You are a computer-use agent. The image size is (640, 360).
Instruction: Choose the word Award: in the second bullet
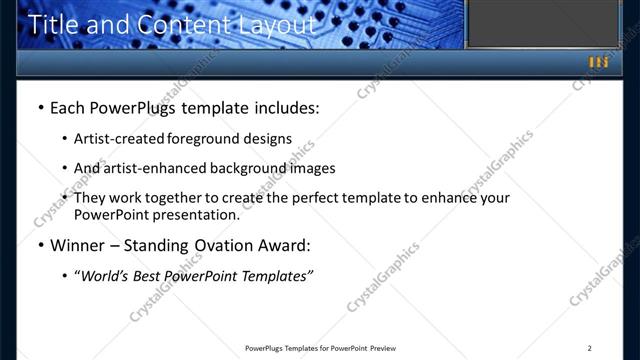284,245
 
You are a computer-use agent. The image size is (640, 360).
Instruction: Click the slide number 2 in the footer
590,348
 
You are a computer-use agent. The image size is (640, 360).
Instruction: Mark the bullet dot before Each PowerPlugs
39,106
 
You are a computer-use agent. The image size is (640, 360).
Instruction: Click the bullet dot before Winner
39,246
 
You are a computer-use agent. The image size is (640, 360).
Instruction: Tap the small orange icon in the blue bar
598,62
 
